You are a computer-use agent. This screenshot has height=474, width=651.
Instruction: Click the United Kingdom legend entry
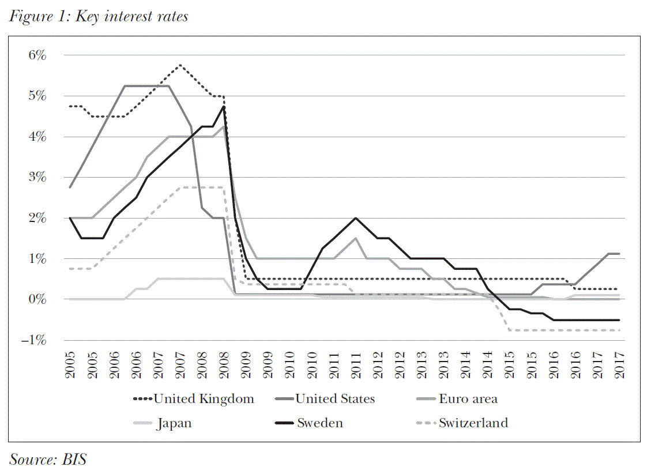(x=204, y=399)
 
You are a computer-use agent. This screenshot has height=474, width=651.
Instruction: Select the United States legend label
(x=335, y=399)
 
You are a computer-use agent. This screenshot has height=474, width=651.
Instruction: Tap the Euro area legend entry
(x=468, y=399)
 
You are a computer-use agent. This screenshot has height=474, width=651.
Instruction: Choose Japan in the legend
(x=174, y=423)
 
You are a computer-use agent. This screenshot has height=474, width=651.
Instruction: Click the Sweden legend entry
(x=320, y=423)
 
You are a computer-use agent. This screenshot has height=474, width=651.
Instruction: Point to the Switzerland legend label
(x=473, y=423)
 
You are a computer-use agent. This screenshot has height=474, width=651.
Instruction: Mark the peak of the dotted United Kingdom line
(x=180, y=65)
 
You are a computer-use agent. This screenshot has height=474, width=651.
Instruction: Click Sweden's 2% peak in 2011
(x=356, y=218)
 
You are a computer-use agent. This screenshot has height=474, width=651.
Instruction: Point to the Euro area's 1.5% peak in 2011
(x=356, y=238)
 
